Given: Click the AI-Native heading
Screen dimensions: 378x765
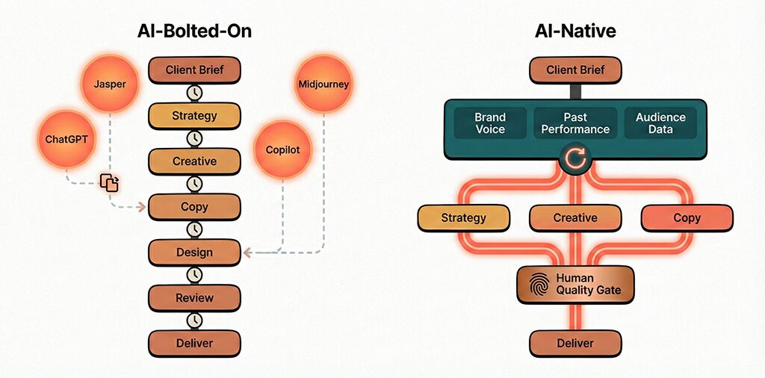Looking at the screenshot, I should tap(574, 31).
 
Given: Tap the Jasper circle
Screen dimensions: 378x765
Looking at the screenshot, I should tap(110, 84).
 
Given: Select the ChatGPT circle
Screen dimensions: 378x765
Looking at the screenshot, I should tap(65, 138).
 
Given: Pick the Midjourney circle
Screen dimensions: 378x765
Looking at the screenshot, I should tap(323, 84).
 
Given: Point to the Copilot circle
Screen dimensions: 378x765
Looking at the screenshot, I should tap(282, 149).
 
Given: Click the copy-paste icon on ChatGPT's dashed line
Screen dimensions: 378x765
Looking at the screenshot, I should tap(110, 182).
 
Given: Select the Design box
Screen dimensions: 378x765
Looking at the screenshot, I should tap(194, 252).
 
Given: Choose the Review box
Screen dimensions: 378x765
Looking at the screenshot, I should tap(194, 298).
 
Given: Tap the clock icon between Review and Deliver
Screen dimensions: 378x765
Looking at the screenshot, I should tap(194, 320).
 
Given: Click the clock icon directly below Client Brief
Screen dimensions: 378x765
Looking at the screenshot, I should tap(194, 93).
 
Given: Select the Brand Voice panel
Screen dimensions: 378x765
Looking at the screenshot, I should tap(490, 123).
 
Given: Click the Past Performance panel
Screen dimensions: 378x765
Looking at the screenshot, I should tap(575, 123).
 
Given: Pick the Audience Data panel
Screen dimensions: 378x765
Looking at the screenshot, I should tap(660, 123).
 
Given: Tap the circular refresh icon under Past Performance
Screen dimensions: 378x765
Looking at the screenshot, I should tap(575, 158).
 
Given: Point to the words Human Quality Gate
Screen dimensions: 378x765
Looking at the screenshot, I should tap(589, 285).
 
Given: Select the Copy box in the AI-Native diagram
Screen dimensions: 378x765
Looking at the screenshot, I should tap(687, 218).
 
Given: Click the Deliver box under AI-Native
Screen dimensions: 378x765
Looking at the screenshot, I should tap(575, 343).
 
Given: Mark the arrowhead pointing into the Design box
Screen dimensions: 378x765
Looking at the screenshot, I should tap(247, 252).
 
